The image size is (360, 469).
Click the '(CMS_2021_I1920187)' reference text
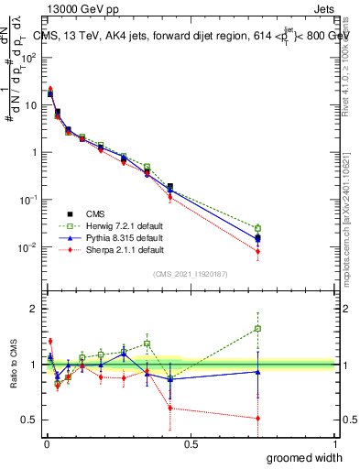point(191,274)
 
